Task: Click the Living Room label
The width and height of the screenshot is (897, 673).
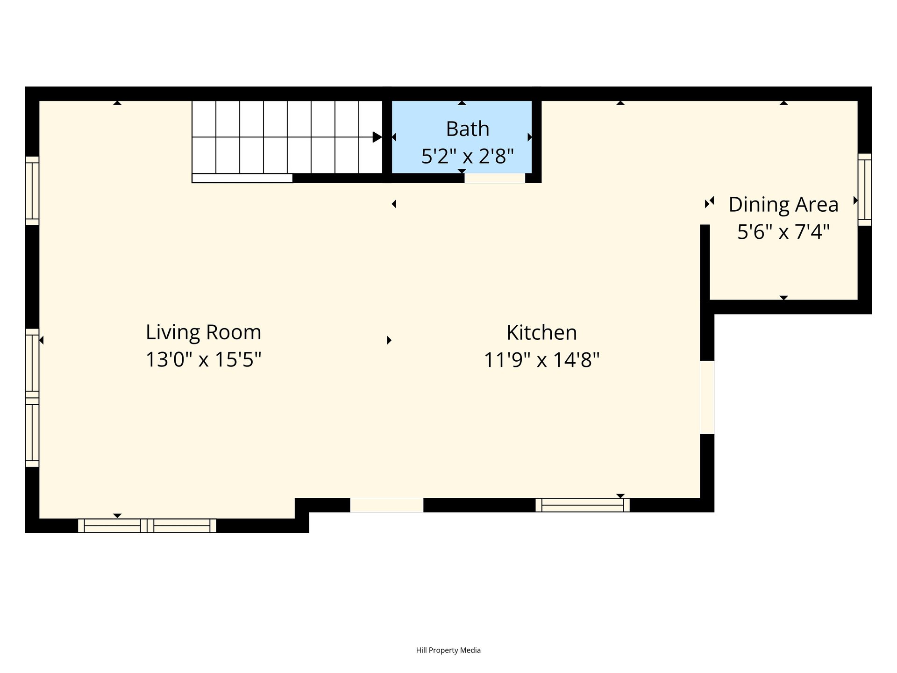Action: tap(203, 333)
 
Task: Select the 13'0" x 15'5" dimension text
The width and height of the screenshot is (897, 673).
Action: tap(203, 360)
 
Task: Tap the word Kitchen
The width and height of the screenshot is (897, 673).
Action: tap(541, 333)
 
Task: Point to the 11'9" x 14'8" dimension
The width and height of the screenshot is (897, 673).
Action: tap(541, 360)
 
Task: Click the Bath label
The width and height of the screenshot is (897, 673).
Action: tap(468, 129)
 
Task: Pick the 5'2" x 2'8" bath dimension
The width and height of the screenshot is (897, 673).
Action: tap(468, 156)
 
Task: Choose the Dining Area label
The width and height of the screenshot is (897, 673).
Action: tap(783, 205)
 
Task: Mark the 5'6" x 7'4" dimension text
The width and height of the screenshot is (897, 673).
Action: tap(783, 232)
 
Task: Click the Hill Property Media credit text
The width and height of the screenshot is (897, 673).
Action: tap(448, 650)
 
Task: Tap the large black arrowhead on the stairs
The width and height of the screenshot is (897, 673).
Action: tap(377, 137)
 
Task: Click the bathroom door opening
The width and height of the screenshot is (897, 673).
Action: tap(495, 178)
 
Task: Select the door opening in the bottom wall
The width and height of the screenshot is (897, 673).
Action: tap(387, 505)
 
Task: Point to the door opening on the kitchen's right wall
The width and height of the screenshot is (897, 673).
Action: tap(707, 397)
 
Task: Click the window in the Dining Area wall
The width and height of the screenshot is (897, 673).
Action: tap(865, 190)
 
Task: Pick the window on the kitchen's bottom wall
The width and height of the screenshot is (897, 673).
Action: tap(583, 505)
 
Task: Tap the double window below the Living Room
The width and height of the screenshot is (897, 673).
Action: tap(147, 526)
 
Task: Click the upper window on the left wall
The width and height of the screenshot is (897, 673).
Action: tap(32, 191)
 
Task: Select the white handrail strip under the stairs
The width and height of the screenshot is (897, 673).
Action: tap(242, 178)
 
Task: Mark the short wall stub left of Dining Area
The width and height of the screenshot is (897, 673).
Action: tap(705, 262)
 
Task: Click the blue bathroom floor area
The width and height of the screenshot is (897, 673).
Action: tap(462, 136)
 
